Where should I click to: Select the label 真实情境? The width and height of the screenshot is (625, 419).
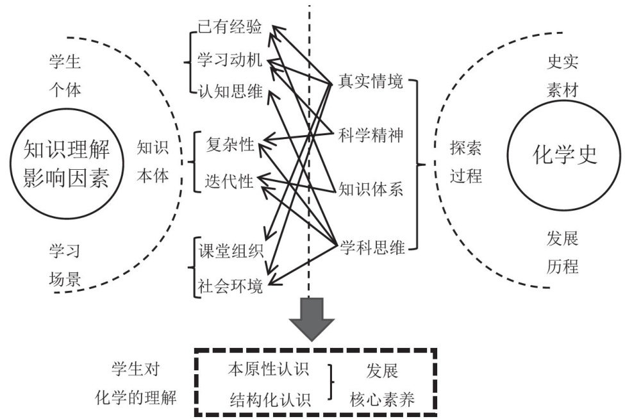click(x=371, y=83)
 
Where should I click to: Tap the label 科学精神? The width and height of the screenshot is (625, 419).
click(x=371, y=135)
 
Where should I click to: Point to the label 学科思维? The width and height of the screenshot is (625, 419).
click(x=372, y=247)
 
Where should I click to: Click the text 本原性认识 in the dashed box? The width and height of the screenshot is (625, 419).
click(x=269, y=370)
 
